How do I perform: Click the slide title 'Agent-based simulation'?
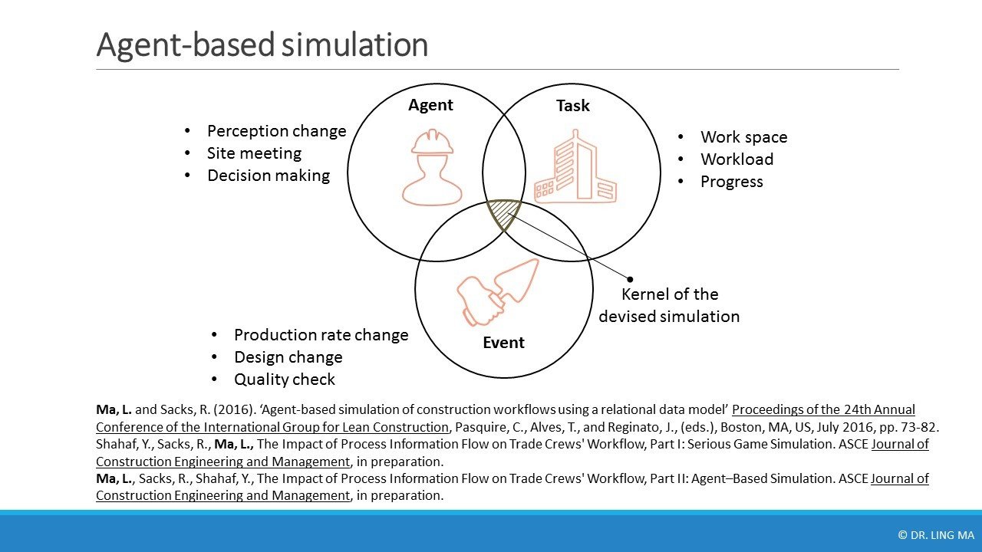click(262, 44)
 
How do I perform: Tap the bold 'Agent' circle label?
click(430, 105)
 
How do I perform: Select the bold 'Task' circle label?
click(573, 106)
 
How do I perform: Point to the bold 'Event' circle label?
click(503, 343)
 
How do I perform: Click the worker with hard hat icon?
click(432, 167)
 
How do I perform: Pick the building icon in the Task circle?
click(575, 166)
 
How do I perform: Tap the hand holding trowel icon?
click(498, 292)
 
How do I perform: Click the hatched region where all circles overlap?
click(504, 213)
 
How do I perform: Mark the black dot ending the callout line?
click(630, 279)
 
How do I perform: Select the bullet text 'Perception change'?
click(277, 131)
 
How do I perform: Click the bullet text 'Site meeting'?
click(254, 153)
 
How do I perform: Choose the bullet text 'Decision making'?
click(269, 176)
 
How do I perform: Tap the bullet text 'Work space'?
click(744, 137)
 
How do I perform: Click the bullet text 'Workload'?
click(737, 159)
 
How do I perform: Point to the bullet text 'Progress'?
click(732, 182)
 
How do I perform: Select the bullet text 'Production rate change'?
click(321, 335)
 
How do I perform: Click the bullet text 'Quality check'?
click(285, 379)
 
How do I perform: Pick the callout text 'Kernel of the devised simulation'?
click(670, 305)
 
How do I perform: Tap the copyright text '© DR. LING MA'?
click(934, 535)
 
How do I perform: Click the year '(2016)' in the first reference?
click(235, 409)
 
